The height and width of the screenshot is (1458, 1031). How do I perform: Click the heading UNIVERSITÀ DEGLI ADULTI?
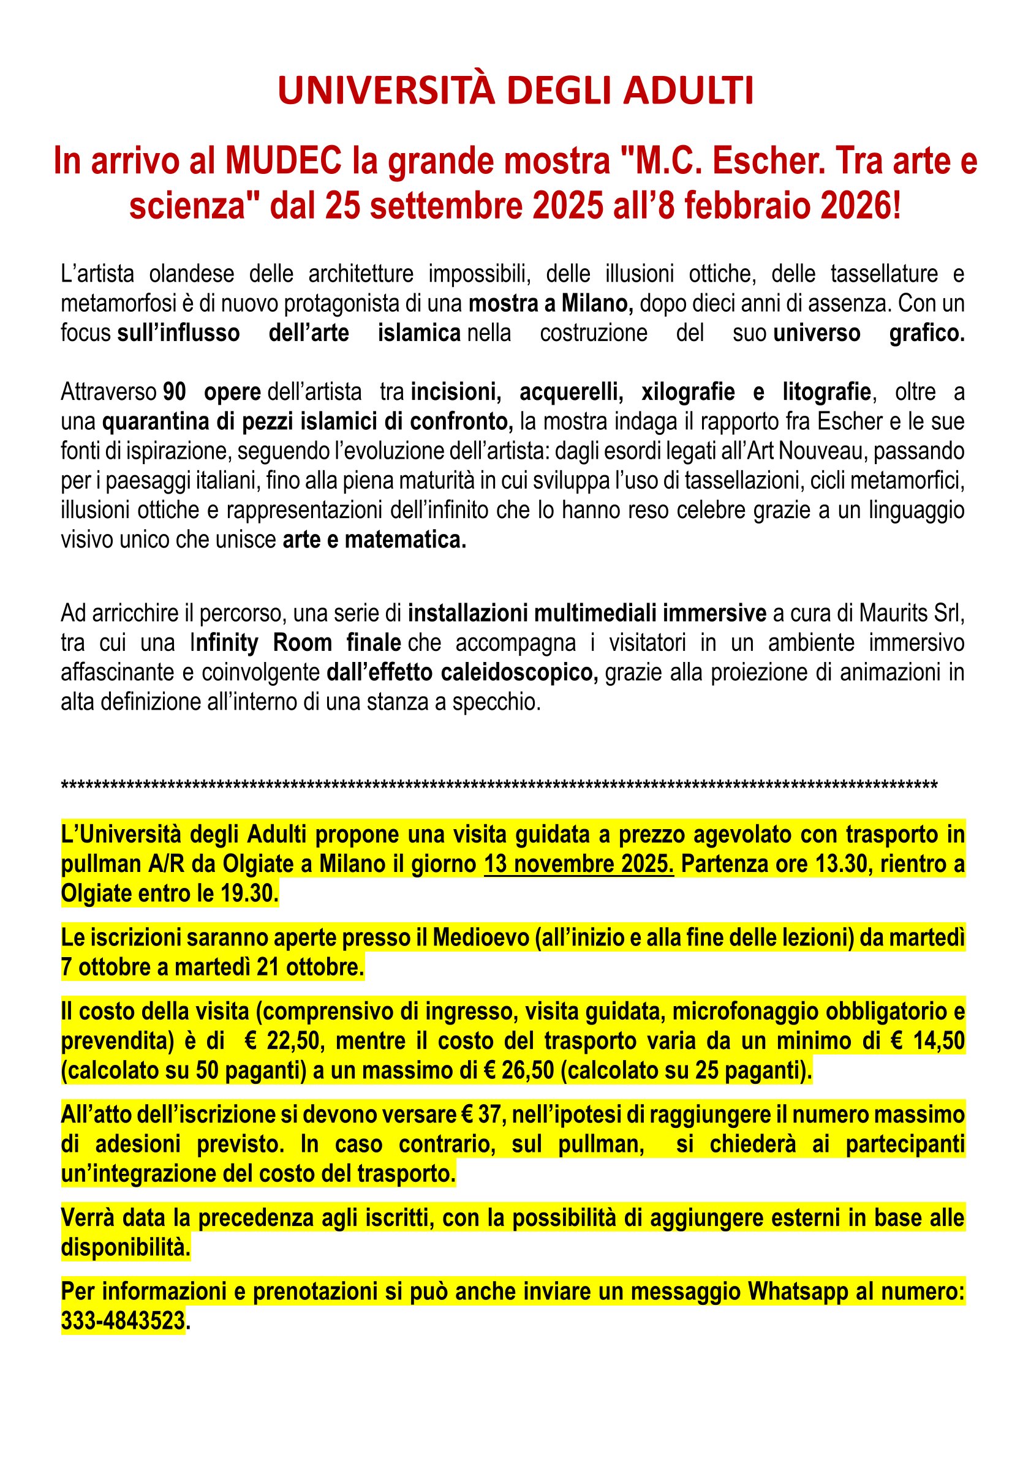click(x=515, y=91)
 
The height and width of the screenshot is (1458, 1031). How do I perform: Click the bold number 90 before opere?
click(x=175, y=392)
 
